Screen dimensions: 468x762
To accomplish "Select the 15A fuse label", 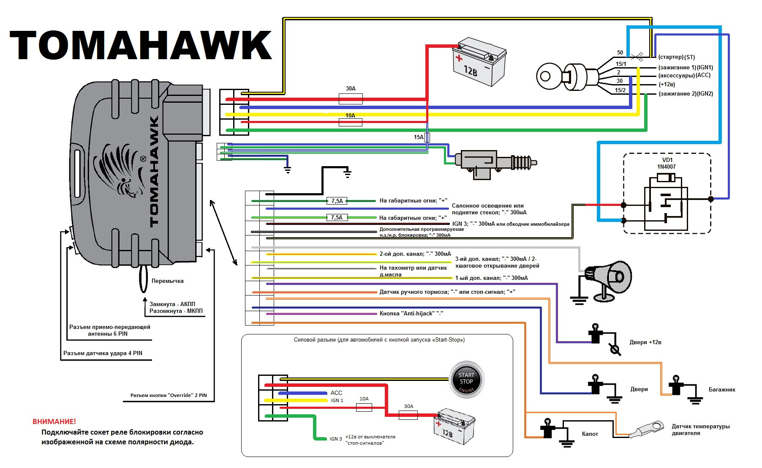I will click(418, 137).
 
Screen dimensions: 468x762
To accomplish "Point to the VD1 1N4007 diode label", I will click(667, 163).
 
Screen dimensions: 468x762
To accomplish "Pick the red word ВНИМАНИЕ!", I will click(54, 421).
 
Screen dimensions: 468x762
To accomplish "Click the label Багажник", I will click(721, 389).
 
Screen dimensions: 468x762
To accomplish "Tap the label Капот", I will click(590, 434).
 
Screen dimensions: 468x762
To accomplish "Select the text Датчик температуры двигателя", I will click(700, 430).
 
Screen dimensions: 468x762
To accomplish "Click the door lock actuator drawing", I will click(494, 163).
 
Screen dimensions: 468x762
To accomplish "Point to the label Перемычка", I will click(167, 281).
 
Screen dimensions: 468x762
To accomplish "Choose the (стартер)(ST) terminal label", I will click(676, 57).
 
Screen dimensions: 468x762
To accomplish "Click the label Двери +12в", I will click(645, 342).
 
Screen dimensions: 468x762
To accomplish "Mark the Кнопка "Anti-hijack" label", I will click(411, 313).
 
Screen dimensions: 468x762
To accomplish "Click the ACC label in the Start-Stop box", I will click(336, 393).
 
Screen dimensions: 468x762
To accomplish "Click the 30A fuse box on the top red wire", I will click(351, 99).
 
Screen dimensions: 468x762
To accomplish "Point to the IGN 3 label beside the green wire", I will click(335, 439).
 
